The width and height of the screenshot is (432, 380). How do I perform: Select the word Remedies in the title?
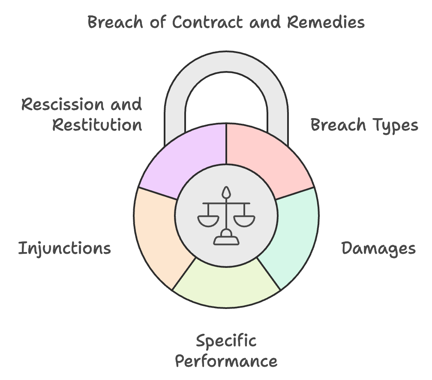326,22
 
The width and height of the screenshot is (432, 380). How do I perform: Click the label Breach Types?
364,125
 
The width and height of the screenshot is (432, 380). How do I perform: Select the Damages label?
378,248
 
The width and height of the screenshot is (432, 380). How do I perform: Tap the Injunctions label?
64,248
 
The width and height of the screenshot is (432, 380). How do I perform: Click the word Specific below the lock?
226,341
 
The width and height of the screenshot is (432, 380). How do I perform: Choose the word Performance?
226,361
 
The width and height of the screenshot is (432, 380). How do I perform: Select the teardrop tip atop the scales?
226,191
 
